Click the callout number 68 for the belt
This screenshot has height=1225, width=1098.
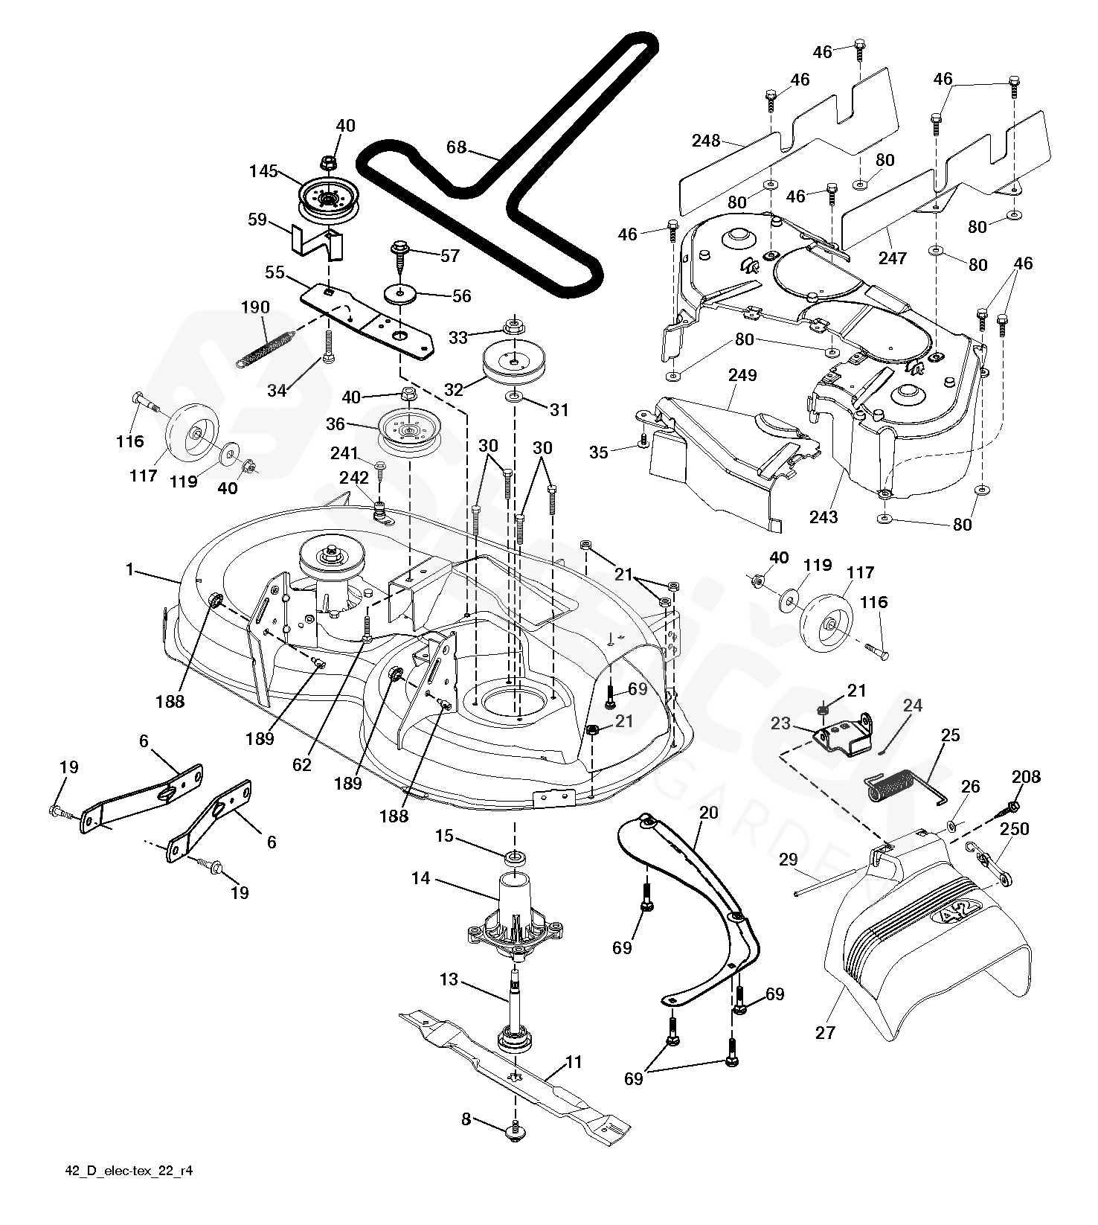click(456, 147)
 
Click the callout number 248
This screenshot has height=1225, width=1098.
click(706, 140)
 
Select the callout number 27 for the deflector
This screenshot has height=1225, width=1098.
click(825, 1032)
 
